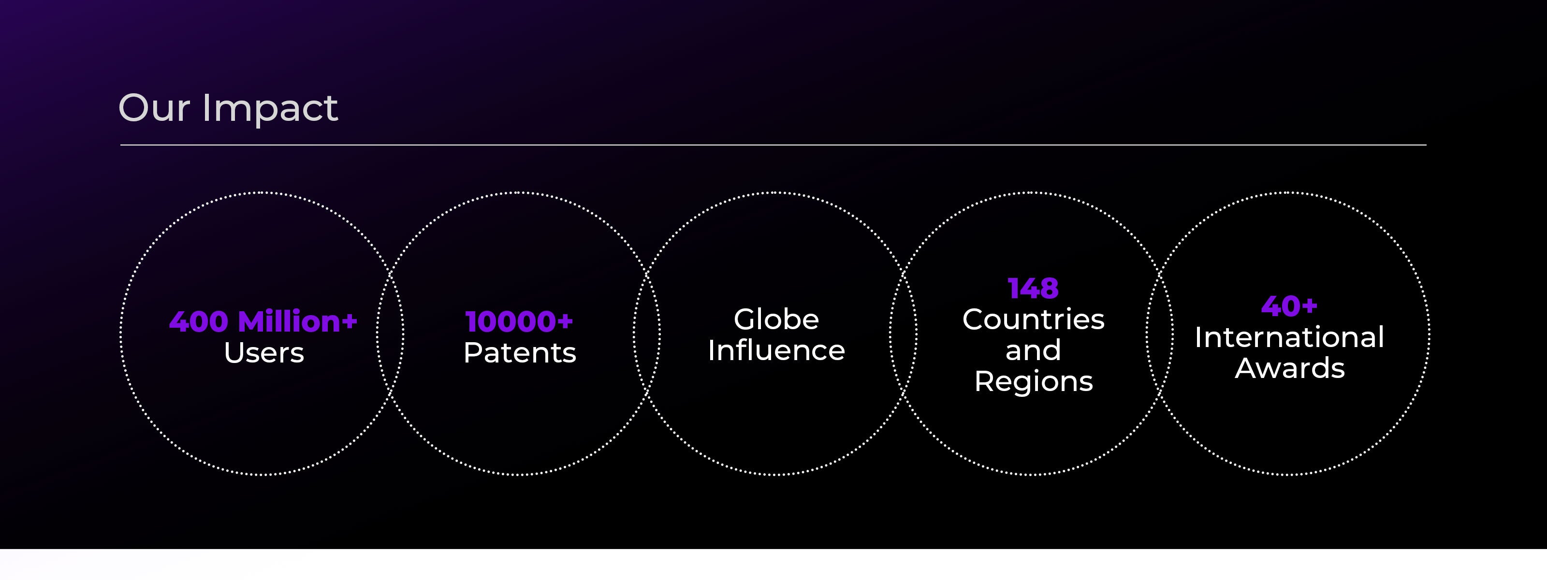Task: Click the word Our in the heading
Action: tap(154, 108)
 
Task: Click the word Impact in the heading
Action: tap(270, 109)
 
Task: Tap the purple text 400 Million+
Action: tap(263, 321)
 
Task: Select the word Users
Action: tap(263, 353)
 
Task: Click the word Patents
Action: tap(520, 352)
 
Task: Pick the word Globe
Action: tap(776, 319)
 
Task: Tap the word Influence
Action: tap(776, 350)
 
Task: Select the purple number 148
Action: tap(1033, 289)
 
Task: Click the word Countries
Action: tap(1033, 319)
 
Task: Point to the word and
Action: tap(1033, 350)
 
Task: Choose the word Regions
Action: tap(1033, 382)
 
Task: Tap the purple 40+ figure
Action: tap(1289, 306)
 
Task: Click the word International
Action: tap(1289, 337)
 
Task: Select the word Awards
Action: tap(1289, 369)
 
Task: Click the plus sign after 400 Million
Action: tap(350, 322)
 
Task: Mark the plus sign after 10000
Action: tap(565, 322)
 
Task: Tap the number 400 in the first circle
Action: tap(199, 322)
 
